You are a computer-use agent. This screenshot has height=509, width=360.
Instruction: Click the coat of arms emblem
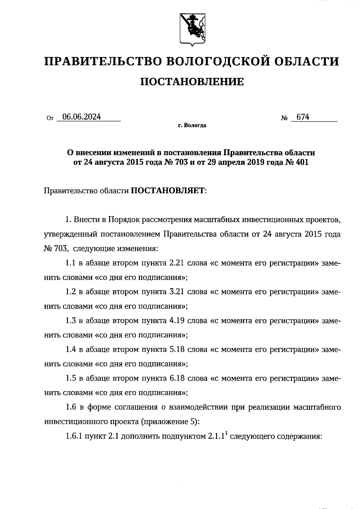click(192, 29)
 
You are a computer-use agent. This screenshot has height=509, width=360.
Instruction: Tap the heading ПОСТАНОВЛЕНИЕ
click(192, 82)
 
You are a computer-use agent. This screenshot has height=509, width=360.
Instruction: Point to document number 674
click(303, 117)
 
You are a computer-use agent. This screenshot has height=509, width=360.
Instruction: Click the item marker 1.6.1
click(74, 436)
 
